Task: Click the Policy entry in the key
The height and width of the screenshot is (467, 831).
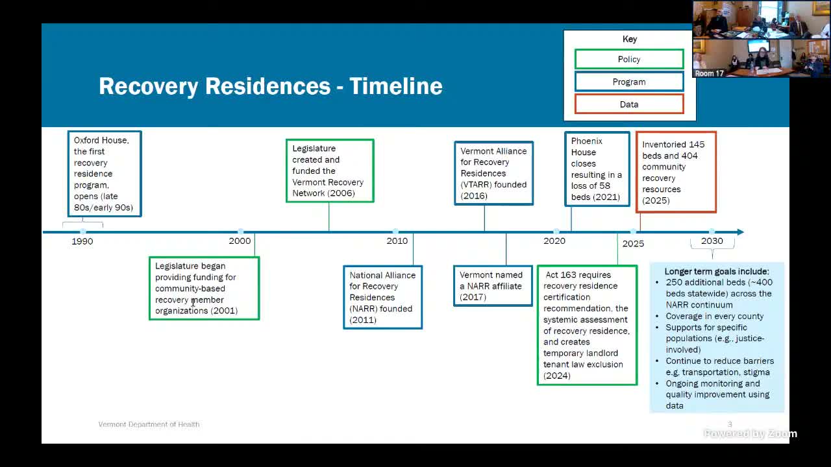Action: click(629, 59)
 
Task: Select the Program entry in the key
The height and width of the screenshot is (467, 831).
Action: click(629, 82)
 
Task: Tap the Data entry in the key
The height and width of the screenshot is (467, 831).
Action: click(629, 104)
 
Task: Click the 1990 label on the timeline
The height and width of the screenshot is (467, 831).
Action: click(82, 241)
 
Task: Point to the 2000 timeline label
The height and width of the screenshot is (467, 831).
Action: click(240, 241)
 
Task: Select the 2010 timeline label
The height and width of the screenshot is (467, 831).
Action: click(397, 241)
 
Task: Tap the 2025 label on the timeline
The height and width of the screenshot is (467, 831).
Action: click(633, 243)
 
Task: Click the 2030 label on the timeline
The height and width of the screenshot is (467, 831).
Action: click(712, 241)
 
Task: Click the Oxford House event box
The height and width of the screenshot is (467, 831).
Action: click(105, 174)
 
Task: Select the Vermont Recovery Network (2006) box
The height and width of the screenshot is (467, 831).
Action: click(330, 171)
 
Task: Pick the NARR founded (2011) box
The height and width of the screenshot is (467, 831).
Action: click(382, 297)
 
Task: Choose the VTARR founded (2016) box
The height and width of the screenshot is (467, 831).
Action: click(493, 173)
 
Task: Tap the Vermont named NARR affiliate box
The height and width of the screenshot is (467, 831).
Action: click(493, 286)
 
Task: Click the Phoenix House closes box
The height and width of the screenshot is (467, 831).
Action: click(597, 169)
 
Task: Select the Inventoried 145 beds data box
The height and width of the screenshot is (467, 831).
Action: click(676, 172)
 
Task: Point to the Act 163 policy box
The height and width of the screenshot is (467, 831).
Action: click(587, 325)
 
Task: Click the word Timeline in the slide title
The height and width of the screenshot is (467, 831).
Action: click(396, 86)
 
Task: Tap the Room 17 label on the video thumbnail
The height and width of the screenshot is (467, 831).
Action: click(709, 73)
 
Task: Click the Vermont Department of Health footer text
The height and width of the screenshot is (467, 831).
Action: click(149, 424)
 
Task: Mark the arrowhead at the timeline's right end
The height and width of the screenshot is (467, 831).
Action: click(741, 232)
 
